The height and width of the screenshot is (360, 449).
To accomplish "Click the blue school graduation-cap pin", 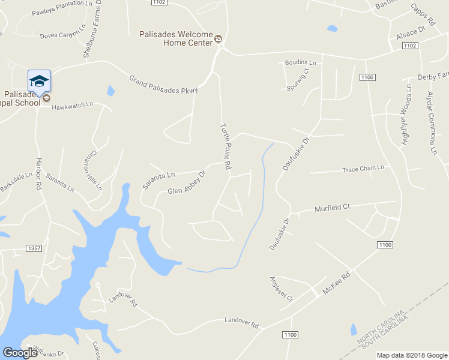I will pos(39,81).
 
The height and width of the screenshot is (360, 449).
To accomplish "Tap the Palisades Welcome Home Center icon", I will pos(218,40).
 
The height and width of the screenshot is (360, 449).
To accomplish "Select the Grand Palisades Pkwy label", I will pos(163,85).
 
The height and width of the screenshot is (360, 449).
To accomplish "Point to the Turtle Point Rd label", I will pos(226,146).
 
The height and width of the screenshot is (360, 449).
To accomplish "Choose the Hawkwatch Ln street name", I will pos(73,104).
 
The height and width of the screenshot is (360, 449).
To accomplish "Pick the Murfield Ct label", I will pos(332,208).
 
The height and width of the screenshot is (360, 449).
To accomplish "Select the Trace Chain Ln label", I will pos(363,169).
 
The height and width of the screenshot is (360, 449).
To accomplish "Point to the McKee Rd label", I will pos(336,284).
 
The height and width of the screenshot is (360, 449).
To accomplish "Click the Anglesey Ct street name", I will pos(281,289).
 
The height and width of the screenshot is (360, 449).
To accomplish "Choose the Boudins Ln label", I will pos(300,62).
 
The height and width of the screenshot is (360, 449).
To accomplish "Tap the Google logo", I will pos(20,353).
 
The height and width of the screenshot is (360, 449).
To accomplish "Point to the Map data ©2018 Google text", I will pos(412,355).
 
